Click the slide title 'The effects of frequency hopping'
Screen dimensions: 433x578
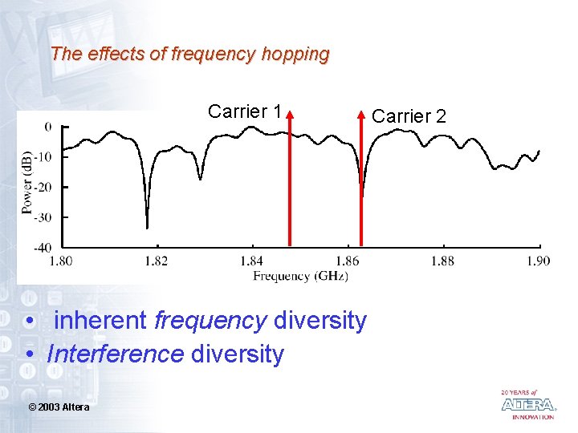(x=189, y=55)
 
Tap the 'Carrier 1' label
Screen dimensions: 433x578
(x=244, y=111)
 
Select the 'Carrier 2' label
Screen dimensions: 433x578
(x=408, y=116)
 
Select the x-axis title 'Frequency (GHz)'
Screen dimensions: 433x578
(x=300, y=276)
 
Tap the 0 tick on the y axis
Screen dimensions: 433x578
(x=48, y=126)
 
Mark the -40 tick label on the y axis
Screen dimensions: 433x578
(x=43, y=247)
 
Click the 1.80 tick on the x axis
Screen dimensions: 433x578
(x=61, y=261)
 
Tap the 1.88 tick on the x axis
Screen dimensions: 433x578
(x=442, y=261)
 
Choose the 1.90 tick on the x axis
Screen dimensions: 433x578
(x=538, y=261)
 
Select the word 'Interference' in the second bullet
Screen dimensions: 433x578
(x=115, y=354)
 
